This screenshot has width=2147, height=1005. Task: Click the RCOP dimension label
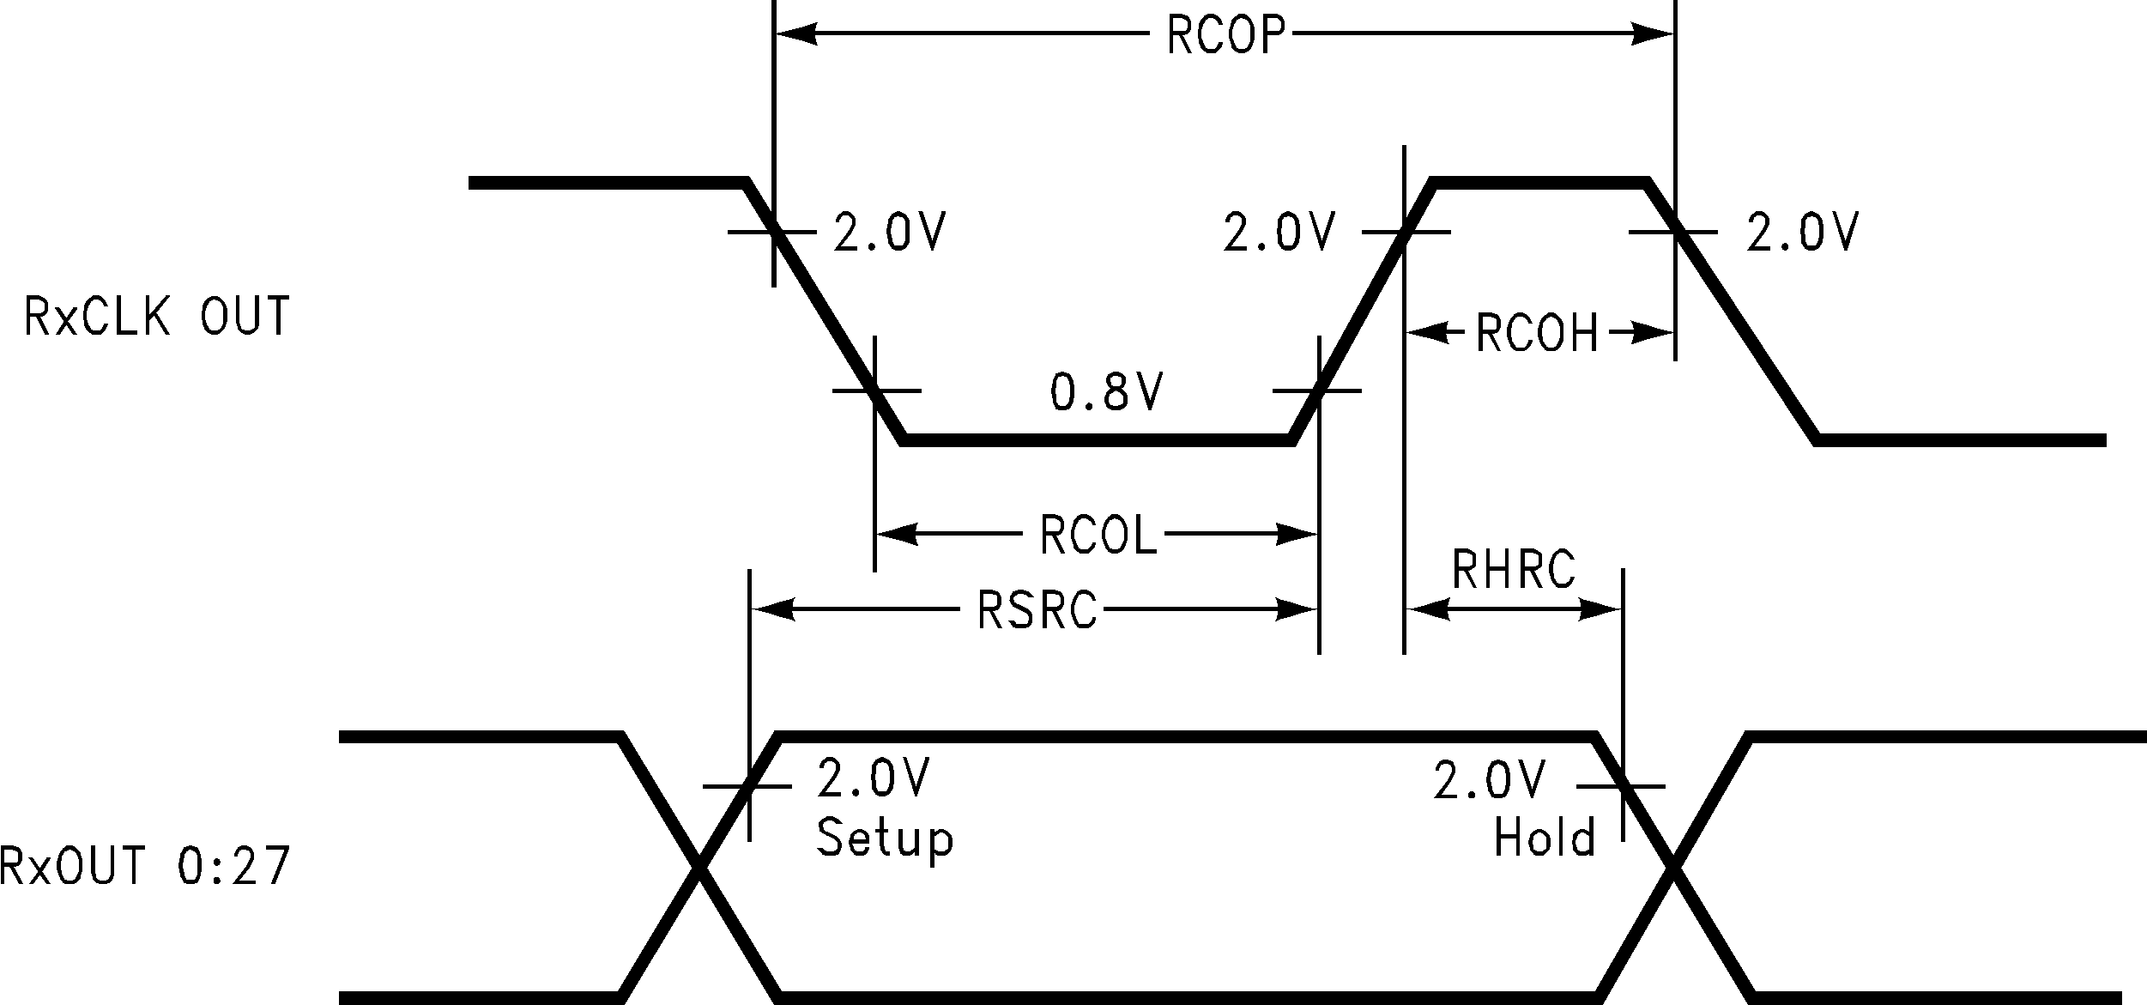[1227, 35]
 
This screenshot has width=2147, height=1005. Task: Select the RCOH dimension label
[1537, 333]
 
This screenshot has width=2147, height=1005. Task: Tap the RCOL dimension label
[1098, 535]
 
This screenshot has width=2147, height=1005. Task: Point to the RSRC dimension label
[1037, 610]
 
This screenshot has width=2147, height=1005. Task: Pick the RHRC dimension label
[1514, 568]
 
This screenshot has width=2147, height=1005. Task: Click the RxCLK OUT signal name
[157, 316]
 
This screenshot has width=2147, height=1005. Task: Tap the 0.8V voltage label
[1107, 392]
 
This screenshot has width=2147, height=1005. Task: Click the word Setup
[885, 837]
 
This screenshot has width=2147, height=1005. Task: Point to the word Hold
[1545, 837]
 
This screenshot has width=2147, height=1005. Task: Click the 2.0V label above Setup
[873, 778]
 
